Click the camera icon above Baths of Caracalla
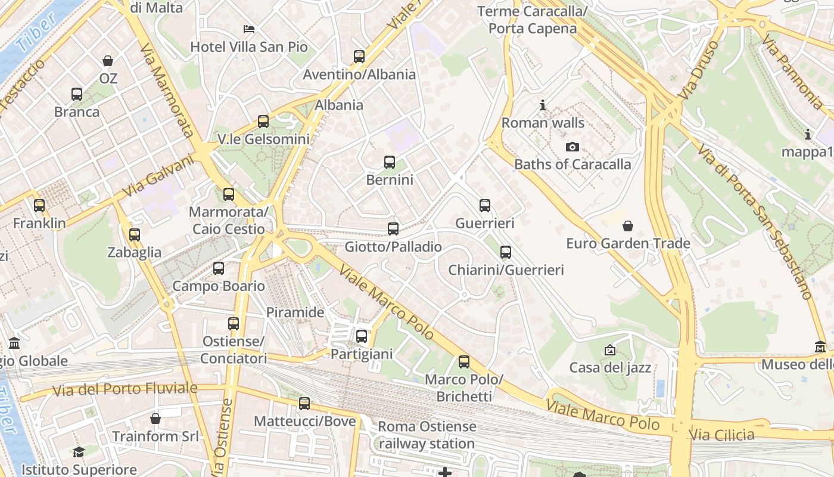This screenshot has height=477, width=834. click(572, 147)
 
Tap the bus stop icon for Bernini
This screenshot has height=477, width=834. click(390, 162)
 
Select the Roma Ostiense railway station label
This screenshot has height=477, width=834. click(427, 435)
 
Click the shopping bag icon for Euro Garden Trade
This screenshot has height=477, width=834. click(627, 226)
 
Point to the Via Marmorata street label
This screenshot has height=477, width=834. click(166, 89)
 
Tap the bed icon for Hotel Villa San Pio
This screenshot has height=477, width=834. click(249, 29)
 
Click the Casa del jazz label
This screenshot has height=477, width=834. click(610, 367)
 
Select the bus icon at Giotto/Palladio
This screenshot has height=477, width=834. click(393, 228)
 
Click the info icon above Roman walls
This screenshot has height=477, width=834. click(543, 106)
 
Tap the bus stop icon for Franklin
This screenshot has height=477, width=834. click(39, 206)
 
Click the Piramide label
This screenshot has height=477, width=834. click(295, 312)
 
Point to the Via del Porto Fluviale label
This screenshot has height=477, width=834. click(125, 390)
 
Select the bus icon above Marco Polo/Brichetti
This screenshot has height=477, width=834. click(464, 362)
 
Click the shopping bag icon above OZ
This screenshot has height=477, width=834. click(108, 61)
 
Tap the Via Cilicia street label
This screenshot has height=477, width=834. click(721, 435)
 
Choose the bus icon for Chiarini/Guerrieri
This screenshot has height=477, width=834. click(506, 252)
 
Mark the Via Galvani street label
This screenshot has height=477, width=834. click(159, 176)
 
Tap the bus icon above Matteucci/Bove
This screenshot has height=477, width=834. click(304, 404)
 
